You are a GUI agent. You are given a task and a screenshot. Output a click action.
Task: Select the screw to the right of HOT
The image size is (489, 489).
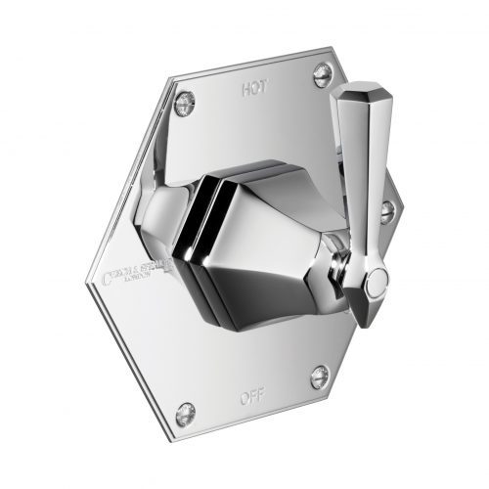pyautogui.click(x=321, y=71)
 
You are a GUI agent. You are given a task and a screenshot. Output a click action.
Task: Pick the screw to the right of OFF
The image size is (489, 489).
pyautogui.click(x=319, y=376)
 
